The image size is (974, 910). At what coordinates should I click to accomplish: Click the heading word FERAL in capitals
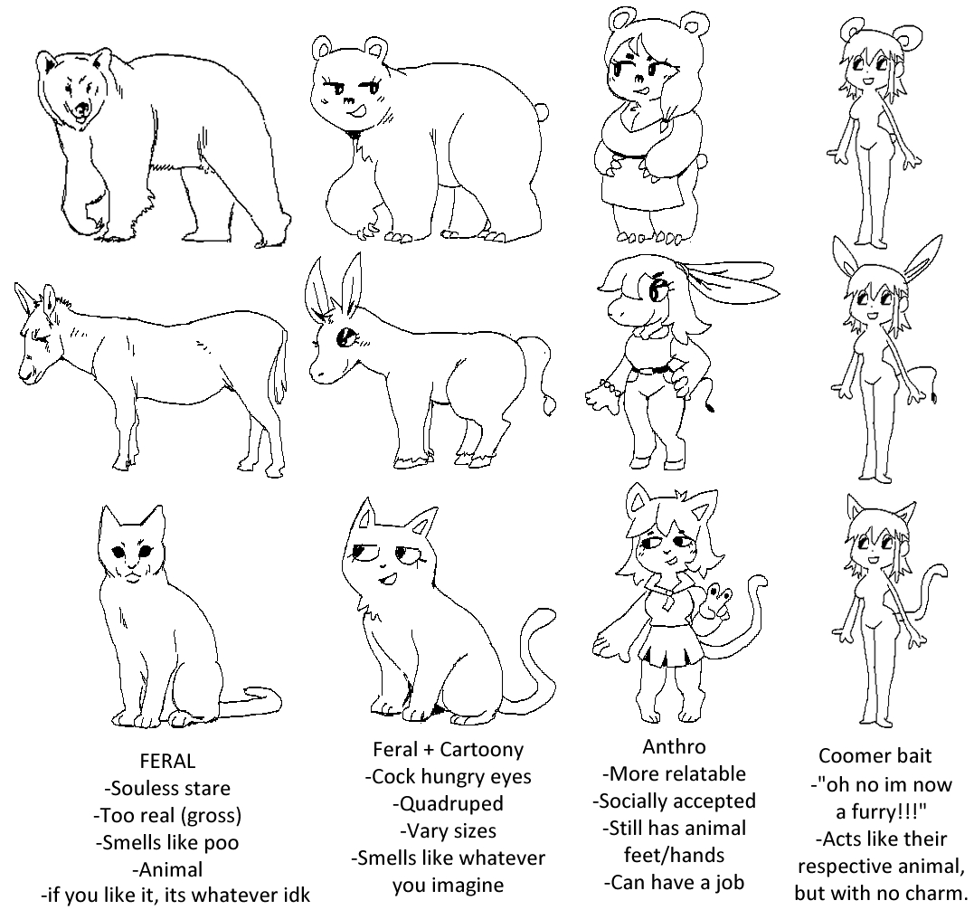[167, 761]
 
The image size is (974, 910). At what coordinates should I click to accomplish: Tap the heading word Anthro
[674, 746]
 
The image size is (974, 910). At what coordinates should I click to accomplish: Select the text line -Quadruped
[448, 804]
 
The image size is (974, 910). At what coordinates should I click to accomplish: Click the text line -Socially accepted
[674, 801]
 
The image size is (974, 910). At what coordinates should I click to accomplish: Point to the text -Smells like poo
[167, 842]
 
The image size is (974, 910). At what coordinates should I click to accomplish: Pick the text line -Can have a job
[674, 883]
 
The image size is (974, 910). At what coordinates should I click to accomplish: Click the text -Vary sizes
[448, 831]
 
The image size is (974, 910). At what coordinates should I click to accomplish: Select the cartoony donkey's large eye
[345, 338]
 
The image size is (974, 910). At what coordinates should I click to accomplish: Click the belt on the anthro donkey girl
[652, 370]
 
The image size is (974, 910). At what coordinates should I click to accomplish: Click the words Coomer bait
[875, 756]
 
